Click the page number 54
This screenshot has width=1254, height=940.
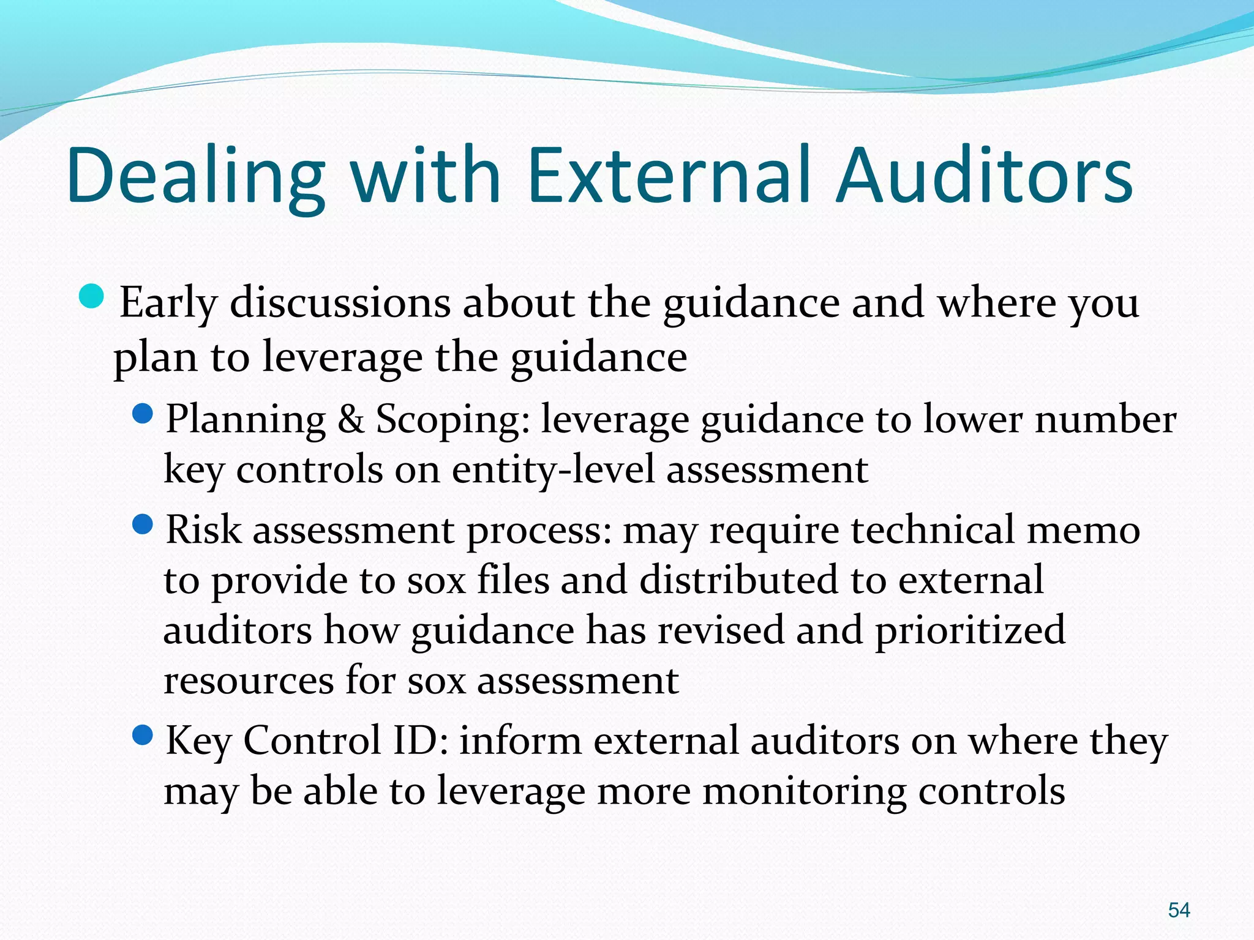[1179, 910]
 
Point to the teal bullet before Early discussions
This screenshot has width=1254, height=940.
[92, 296]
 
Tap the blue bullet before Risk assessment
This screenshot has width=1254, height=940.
[142, 524]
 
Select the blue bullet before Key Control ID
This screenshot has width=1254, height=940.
[142, 735]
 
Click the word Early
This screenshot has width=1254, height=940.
[168, 304]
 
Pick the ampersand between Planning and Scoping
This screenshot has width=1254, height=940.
[350, 420]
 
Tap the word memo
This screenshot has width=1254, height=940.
[1083, 530]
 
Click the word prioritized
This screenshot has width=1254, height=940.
[970, 632]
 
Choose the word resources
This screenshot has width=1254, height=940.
[249, 681]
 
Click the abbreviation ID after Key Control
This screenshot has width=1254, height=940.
[420, 740]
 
